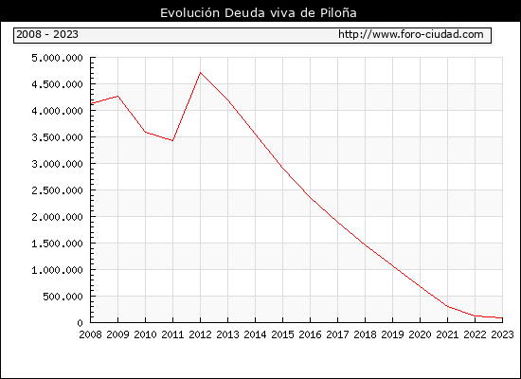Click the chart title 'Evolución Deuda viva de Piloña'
coord(259,13)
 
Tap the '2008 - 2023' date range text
coord(47,34)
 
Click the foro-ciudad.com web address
coord(411,34)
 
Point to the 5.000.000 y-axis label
coord(57,58)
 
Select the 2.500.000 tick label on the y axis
coord(57,190)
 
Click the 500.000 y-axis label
coord(63,297)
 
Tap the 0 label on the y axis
coord(80,323)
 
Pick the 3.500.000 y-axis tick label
coord(57,137)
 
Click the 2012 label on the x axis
coord(200,334)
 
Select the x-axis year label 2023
coord(502,334)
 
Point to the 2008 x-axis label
coord(90,334)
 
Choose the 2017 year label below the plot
coord(337,334)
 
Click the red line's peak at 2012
coord(200,72)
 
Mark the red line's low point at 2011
coord(172,140)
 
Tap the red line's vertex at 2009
coord(118,97)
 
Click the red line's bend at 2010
coord(145,132)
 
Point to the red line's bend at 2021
coord(447,306)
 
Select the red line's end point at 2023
coord(502,318)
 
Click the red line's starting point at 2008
coord(91,103)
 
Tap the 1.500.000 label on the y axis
coord(57,244)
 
